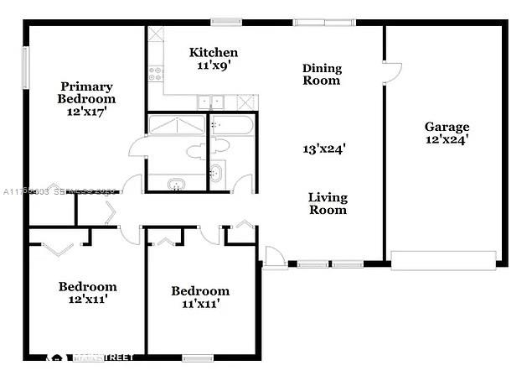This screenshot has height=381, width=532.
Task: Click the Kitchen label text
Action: point(214,52)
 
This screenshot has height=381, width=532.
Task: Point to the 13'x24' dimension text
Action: point(324,149)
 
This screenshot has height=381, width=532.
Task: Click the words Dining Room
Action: point(322,75)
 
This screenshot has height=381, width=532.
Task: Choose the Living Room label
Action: point(328,204)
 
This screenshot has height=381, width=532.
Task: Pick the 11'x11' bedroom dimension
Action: point(200,304)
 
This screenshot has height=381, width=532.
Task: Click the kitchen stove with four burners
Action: point(155,75)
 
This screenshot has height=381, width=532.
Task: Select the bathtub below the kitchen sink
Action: point(232,125)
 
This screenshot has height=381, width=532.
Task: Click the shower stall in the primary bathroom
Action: point(176,125)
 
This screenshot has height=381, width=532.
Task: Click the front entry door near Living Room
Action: point(272,257)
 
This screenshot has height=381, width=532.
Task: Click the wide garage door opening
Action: point(445,259)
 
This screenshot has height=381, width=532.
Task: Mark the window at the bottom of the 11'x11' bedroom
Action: point(198,358)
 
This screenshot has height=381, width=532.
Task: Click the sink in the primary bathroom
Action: point(176,184)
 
